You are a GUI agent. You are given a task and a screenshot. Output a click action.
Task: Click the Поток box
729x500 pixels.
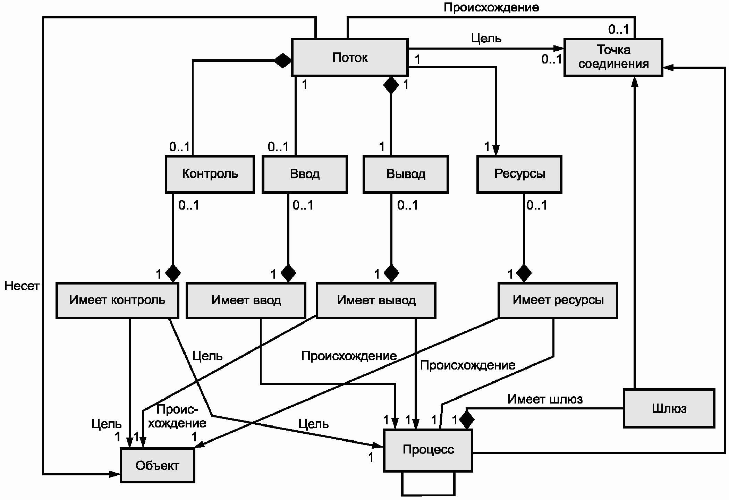tap(349, 57)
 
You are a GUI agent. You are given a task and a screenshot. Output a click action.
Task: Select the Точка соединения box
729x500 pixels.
tap(613, 57)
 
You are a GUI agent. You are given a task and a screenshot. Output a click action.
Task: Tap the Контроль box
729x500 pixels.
tap(210, 174)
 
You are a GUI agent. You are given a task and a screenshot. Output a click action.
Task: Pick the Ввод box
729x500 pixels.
tap(305, 174)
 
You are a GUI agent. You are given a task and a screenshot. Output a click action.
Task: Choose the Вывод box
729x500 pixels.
tap(406, 174)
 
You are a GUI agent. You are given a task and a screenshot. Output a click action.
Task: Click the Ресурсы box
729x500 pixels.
tap(519, 174)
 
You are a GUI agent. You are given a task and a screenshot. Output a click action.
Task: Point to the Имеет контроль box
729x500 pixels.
tap(117, 300)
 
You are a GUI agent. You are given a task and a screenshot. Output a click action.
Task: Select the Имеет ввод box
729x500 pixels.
tap(246, 300)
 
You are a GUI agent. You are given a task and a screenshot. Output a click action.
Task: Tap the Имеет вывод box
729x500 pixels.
tap(376, 300)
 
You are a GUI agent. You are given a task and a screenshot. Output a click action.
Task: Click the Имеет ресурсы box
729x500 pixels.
tap(558, 300)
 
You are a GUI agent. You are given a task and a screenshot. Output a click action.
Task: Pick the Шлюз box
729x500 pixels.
tap(669, 408)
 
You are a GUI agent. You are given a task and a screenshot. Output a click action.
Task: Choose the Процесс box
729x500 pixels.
tap(428, 450)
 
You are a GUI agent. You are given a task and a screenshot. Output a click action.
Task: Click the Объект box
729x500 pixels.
tap(157, 465)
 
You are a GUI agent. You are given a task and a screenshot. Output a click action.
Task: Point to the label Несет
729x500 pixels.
tap(22, 286)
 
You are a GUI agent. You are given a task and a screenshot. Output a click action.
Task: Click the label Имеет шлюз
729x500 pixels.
tap(545, 399)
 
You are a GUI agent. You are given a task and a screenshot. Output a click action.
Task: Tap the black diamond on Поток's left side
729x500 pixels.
tap(282, 61)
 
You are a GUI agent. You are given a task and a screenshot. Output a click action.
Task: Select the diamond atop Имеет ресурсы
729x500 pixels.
tap(524, 273)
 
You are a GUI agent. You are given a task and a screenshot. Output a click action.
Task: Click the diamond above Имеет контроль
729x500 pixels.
tap(173, 273)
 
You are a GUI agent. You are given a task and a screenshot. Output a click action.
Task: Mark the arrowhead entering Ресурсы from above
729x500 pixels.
tap(496, 150)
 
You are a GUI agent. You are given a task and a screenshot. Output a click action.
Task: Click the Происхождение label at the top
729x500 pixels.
tap(491, 8)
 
